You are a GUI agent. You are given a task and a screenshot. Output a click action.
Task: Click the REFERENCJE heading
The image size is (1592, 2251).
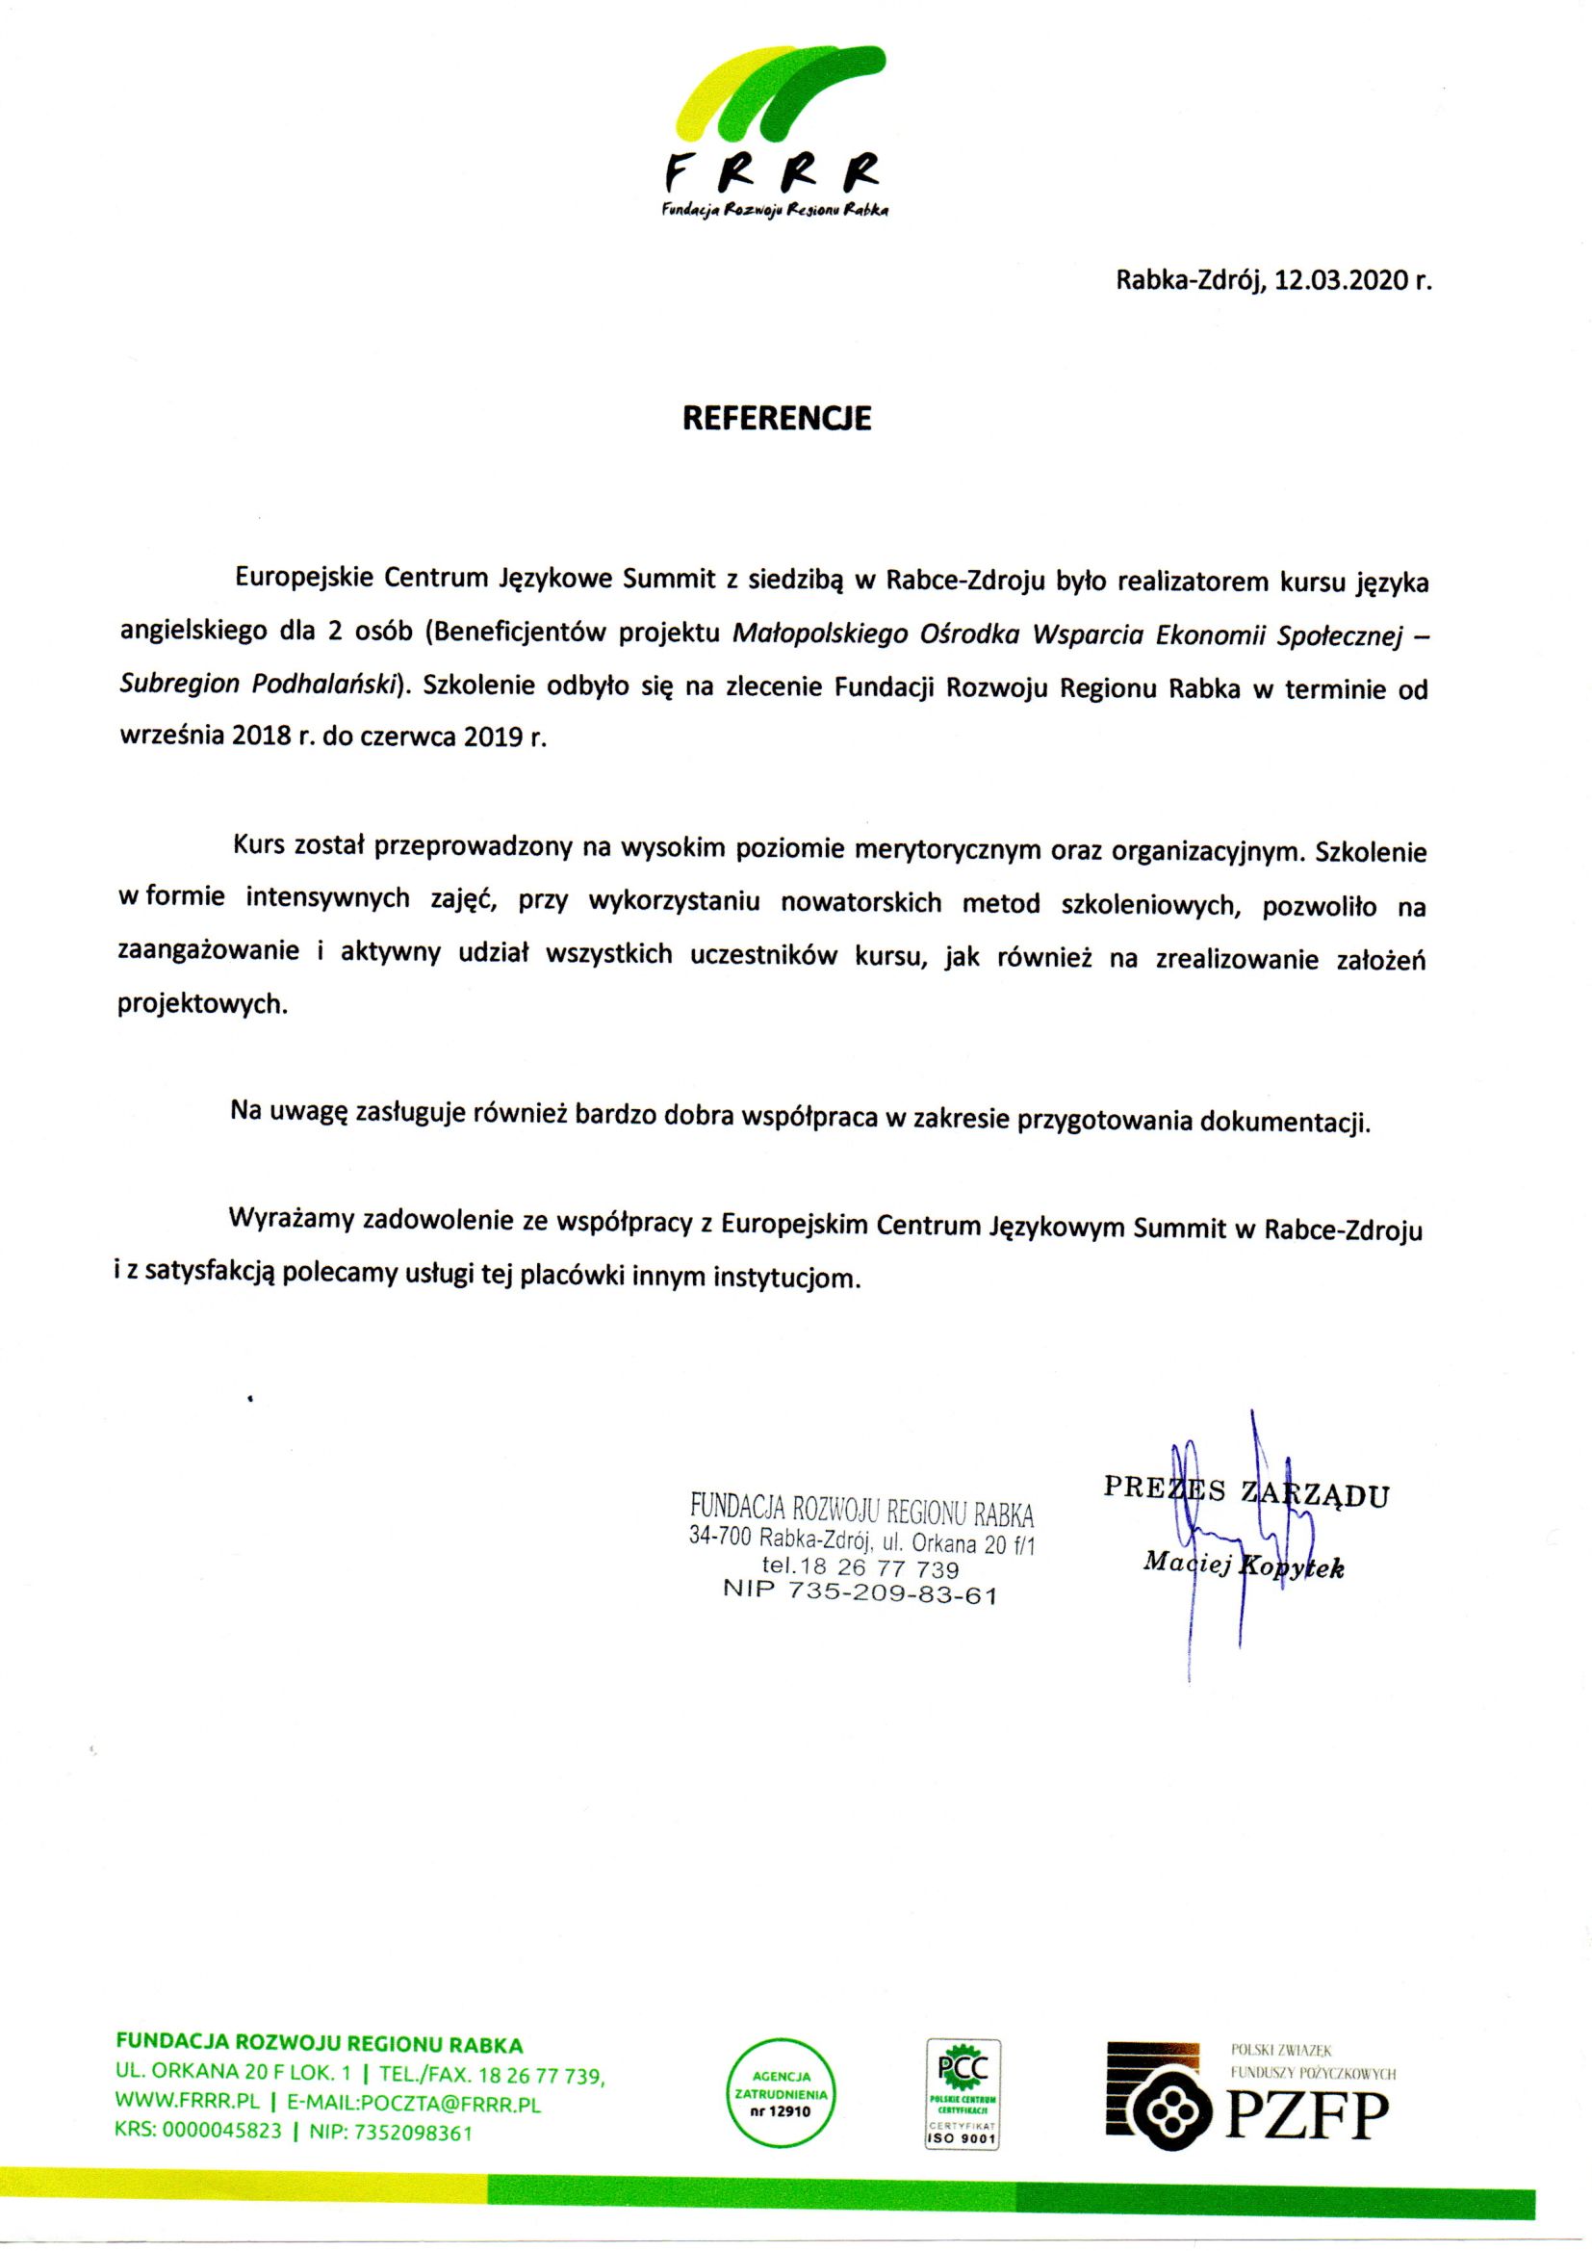click(777, 419)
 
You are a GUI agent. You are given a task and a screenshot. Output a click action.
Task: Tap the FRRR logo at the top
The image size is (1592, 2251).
click(774, 132)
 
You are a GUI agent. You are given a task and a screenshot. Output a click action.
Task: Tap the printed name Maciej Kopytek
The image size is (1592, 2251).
click(1243, 1565)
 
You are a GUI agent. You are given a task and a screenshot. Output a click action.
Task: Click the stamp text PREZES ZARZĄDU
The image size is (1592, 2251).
click(1245, 1491)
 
